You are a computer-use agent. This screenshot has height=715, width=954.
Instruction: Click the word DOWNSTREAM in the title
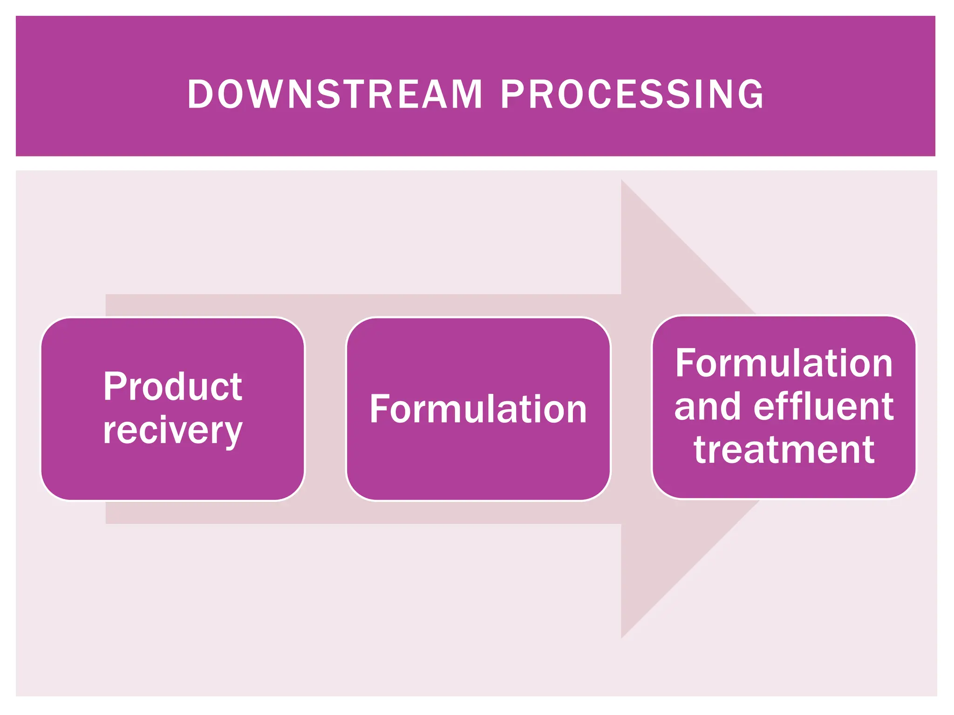pyautogui.click(x=334, y=94)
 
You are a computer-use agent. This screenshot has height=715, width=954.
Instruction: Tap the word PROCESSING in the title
pyautogui.click(x=632, y=94)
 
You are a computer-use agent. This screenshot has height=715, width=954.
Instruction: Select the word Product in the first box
pyautogui.click(x=173, y=386)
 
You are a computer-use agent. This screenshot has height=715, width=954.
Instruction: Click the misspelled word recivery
pyautogui.click(x=173, y=431)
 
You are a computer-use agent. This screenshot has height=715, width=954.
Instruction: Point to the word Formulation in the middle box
pyautogui.click(x=478, y=409)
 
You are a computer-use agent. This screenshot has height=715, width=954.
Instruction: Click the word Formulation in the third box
pyautogui.click(x=784, y=364)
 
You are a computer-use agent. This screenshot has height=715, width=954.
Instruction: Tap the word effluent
pyautogui.click(x=823, y=406)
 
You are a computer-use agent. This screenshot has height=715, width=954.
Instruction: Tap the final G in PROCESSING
pyautogui.click(x=751, y=94)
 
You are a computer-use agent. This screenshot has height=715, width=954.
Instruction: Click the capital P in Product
pyautogui.click(x=115, y=386)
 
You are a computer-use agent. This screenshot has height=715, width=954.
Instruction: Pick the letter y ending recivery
pyautogui.click(x=232, y=433)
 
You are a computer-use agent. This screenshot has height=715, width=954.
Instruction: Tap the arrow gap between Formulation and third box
pyautogui.click(x=631, y=409)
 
